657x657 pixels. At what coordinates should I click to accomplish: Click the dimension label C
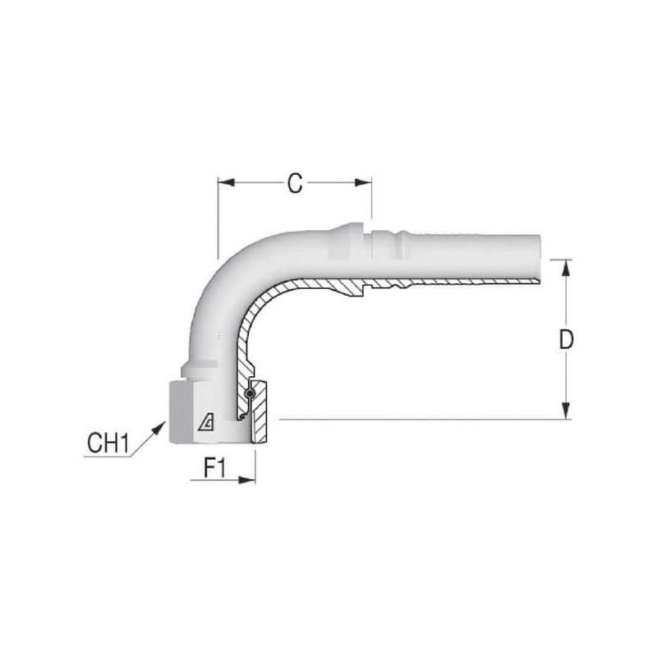tap(295, 183)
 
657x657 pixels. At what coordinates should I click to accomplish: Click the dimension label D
tap(566, 339)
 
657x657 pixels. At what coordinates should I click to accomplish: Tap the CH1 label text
tap(108, 443)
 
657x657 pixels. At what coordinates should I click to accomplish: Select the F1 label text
tap(214, 467)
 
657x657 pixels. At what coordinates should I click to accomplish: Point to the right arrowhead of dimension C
tap(363, 182)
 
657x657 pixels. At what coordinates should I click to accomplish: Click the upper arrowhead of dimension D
tap(566, 268)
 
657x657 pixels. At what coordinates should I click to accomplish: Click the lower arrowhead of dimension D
tap(566, 411)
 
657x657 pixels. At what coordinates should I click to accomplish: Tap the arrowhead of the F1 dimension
tap(247, 480)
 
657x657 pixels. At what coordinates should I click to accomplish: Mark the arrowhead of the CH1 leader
tap(159, 429)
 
